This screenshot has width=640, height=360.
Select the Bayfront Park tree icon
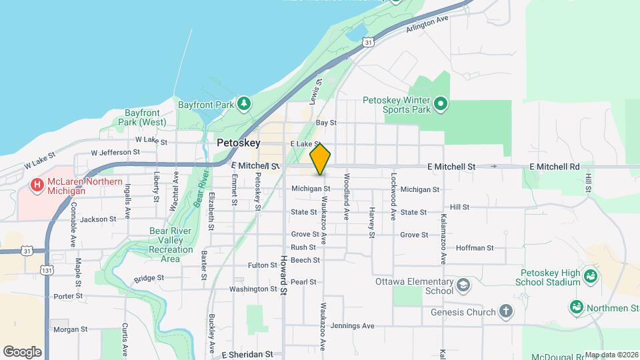[x=245, y=103]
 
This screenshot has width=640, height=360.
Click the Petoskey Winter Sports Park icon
[x=440, y=103]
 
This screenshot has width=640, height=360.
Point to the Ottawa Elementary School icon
[x=462, y=286]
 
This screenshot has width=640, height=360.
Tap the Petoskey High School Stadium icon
[x=589, y=276]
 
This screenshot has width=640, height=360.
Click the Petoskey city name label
[x=238, y=143]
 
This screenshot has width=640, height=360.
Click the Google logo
[x=22, y=351]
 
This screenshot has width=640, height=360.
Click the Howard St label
[x=283, y=276]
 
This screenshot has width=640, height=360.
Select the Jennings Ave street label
[x=353, y=326]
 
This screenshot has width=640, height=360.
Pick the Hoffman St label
[x=475, y=248]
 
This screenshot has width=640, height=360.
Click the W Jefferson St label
[x=111, y=152]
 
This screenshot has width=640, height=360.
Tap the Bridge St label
[x=149, y=278]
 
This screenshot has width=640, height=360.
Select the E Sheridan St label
[x=247, y=355]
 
